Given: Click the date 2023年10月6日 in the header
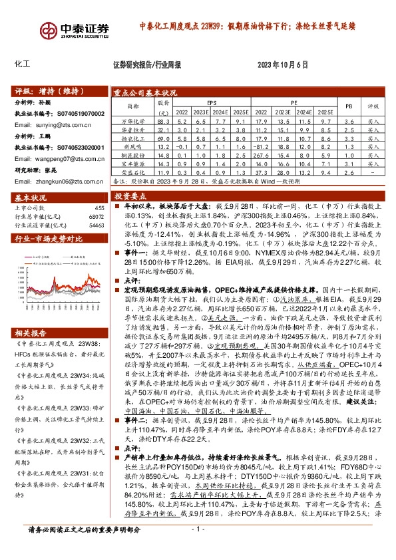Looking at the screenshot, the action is point(284,65).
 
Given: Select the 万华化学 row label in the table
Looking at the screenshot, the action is point(132,122).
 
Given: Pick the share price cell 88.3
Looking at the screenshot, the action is point(164,122).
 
